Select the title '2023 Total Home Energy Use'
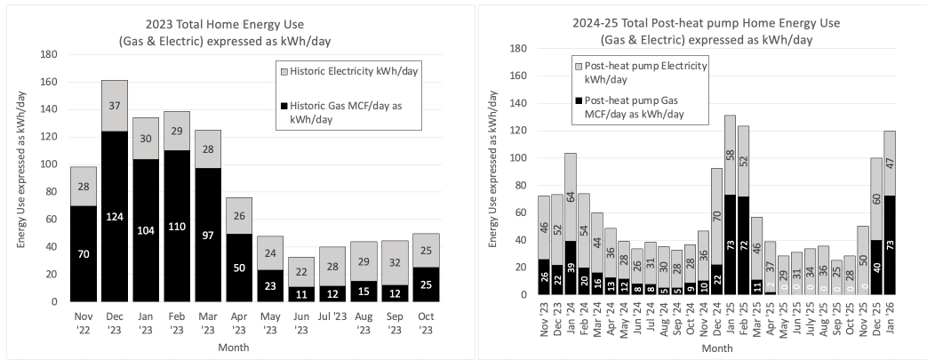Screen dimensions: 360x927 (x=228, y=23)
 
